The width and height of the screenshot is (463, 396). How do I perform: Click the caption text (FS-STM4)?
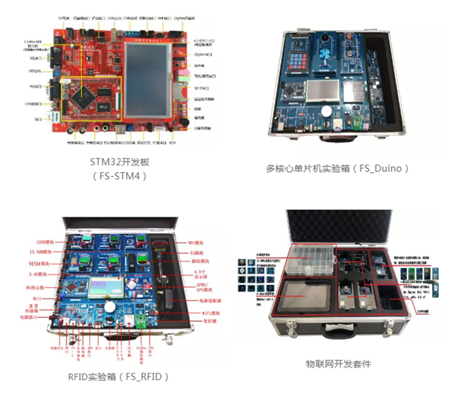pyautogui.click(x=118, y=175)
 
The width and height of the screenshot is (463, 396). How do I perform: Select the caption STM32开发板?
pyautogui.click(x=118, y=161)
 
